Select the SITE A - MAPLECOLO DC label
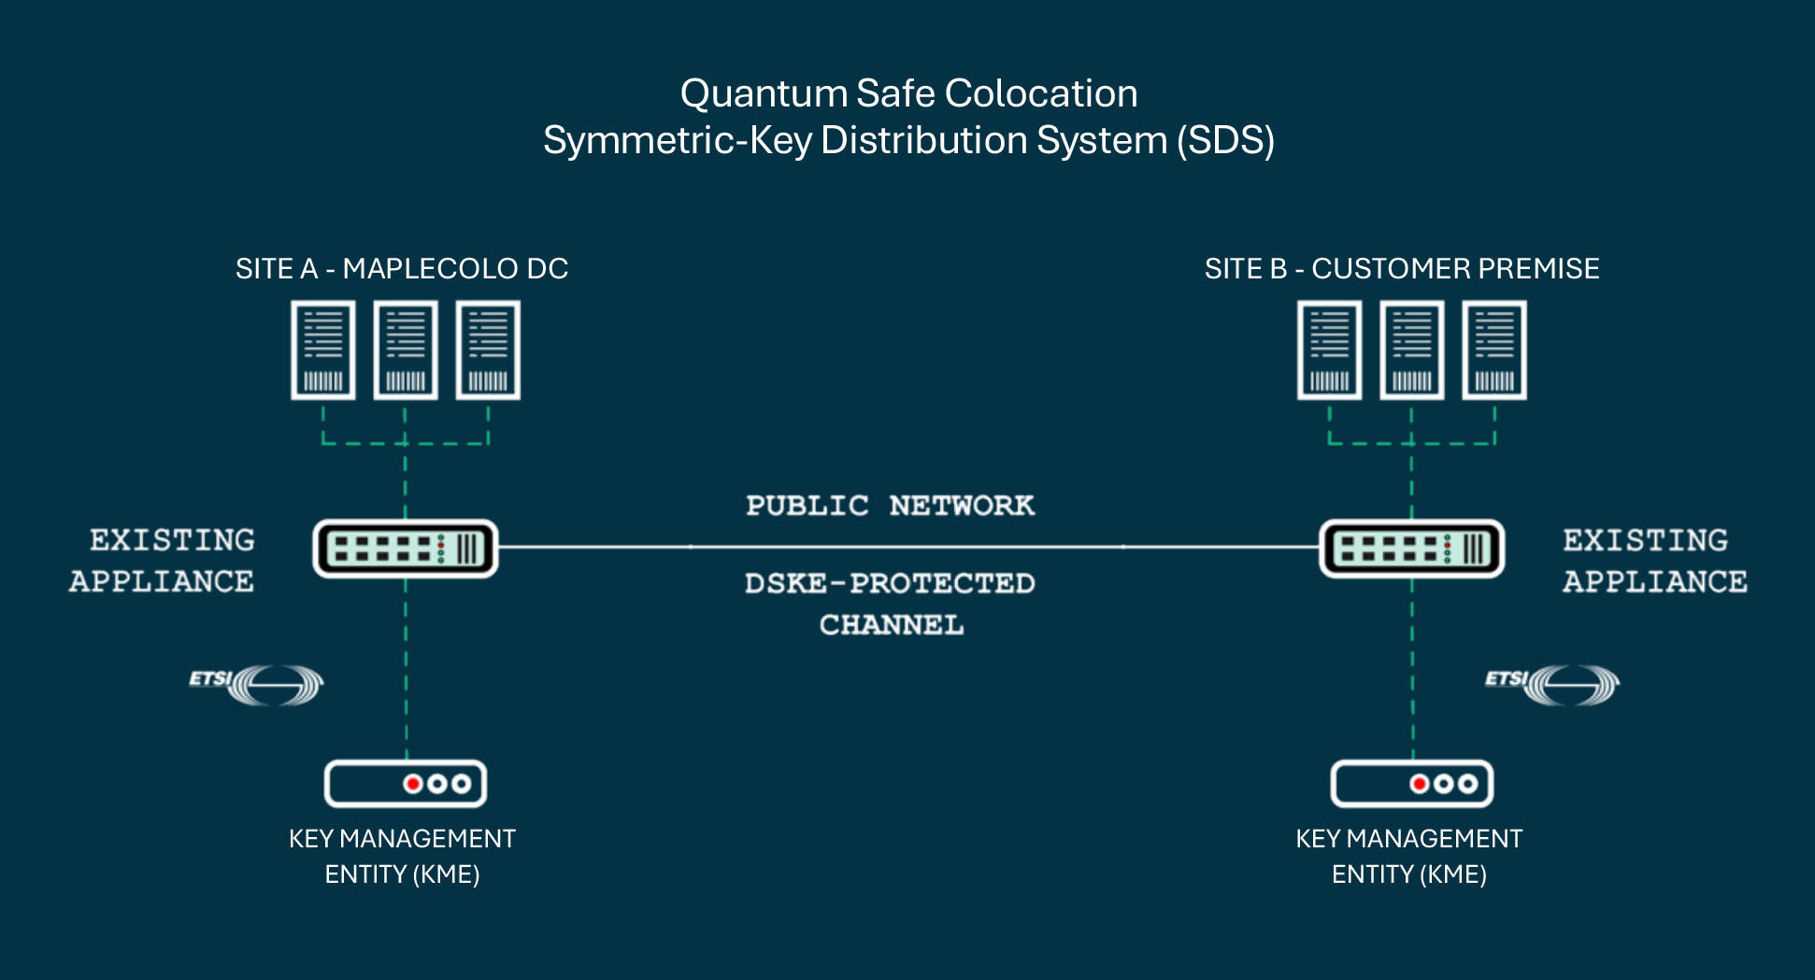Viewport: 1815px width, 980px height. [x=402, y=269]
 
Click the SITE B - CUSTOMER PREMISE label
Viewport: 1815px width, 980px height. [x=1401, y=269]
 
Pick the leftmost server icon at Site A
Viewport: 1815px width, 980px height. [x=322, y=350]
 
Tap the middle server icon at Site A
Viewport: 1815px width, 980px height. [x=405, y=350]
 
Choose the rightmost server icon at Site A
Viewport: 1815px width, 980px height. [x=488, y=350]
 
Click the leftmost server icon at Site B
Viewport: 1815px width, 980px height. [x=1329, y=350]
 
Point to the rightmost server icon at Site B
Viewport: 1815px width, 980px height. [x=1494, y=350]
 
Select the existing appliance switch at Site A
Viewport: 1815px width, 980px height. [x=405, y=548]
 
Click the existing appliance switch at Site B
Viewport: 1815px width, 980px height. [x=1411, y=548]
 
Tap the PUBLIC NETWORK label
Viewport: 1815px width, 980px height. [x=890, y=505]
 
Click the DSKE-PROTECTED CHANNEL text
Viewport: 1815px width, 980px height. [x=890, y=603]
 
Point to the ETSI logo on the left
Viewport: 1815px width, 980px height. [x=258, y=684]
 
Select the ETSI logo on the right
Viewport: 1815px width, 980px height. [x=1553, y=684]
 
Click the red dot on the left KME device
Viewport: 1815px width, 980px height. [x=412, y=783]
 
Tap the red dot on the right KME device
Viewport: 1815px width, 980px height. [x=1419, y=783]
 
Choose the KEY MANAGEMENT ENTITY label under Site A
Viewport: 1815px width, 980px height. [x=402, y=856]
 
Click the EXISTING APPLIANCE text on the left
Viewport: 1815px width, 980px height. [x=164, y=561]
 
